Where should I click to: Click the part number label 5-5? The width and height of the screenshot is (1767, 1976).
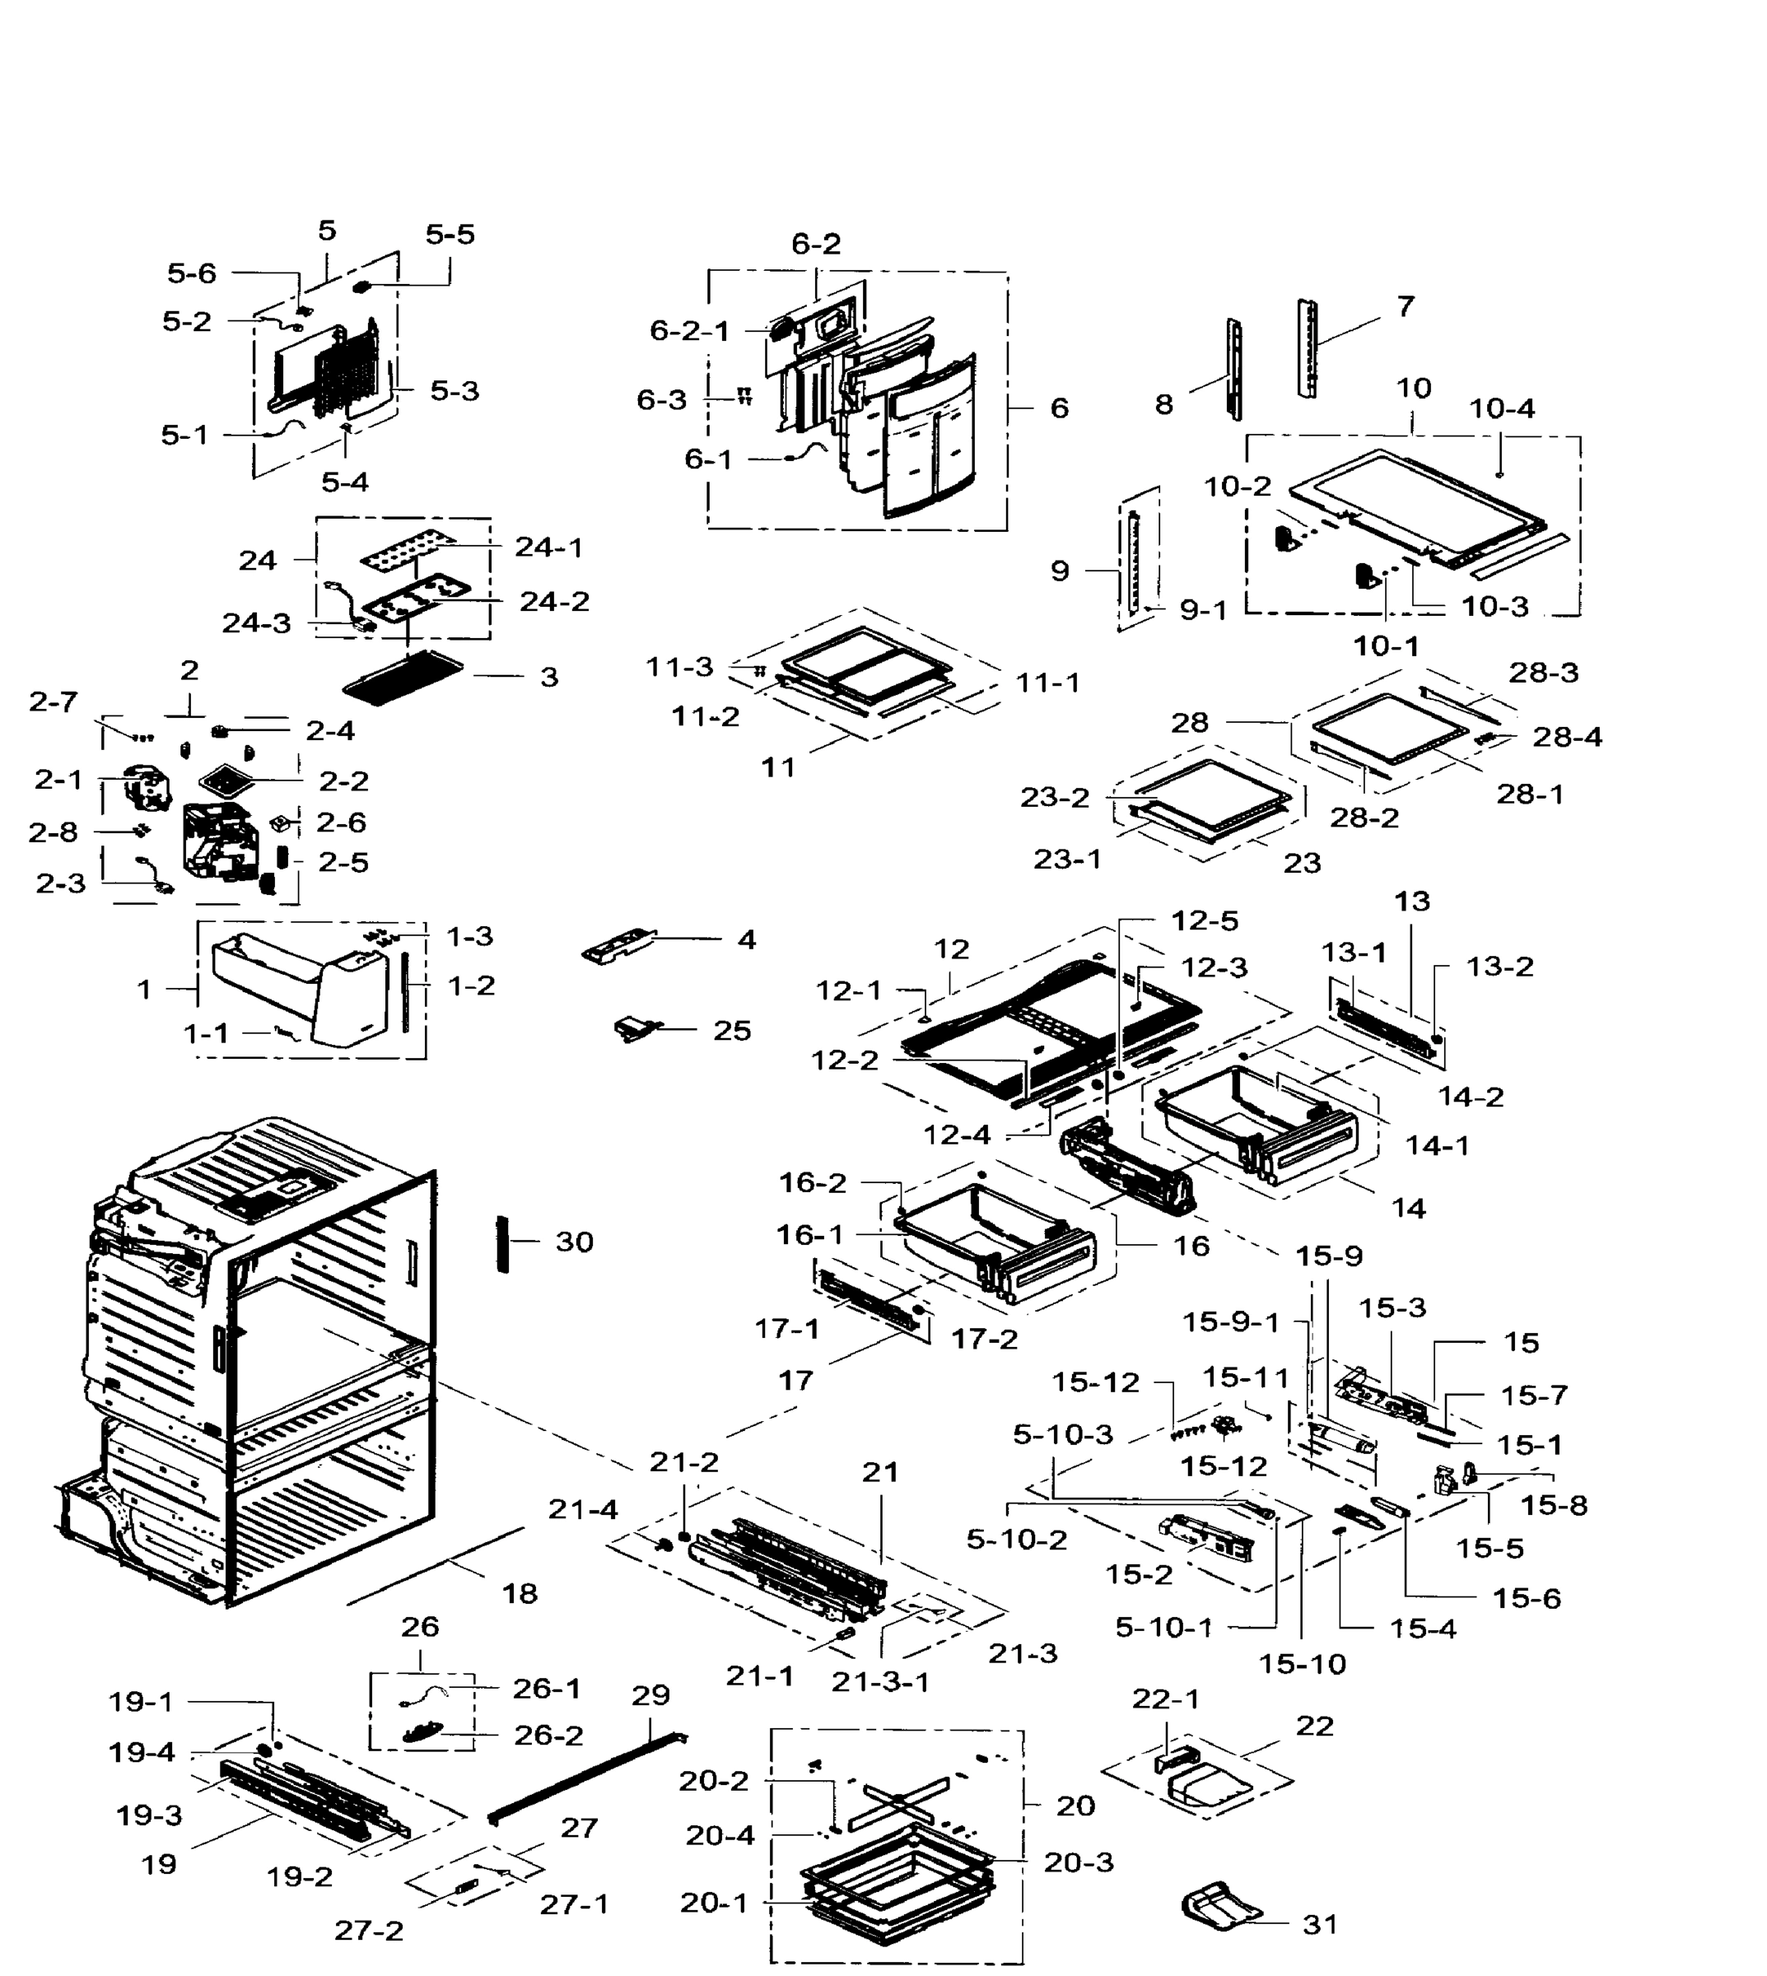[x=450, y=234]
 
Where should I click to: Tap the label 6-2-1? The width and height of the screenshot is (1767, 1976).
[x=689, y=331]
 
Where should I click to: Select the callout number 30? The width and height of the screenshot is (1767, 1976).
[x=574, y=1242]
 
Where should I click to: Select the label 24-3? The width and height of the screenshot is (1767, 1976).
[x=256, y=623]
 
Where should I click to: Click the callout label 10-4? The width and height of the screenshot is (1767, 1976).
[x=1502, y=409]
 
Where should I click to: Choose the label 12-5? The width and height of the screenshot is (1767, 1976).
[x=1204, y=920]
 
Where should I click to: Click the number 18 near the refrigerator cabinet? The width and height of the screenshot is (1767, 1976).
[x=520, y=1593]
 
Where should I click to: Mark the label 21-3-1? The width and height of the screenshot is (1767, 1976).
[x=879, y=1682]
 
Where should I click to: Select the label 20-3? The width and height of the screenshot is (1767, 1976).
[x=1079, y=1862]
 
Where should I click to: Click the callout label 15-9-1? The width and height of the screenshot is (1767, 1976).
[x=1230, y=1322]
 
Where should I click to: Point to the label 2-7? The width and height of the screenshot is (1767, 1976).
[x=54, y=702]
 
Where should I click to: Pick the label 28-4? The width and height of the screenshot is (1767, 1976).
[x=1567, y=737]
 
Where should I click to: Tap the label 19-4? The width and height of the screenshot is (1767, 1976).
[x=142, y=1753]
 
